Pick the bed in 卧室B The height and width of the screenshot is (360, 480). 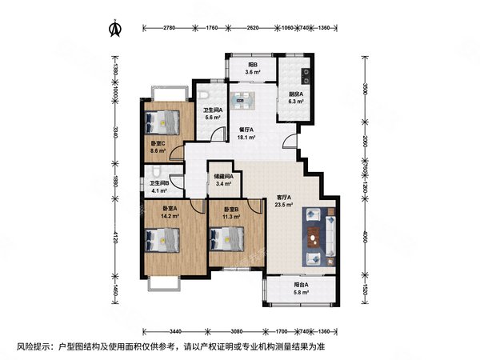(226, 238)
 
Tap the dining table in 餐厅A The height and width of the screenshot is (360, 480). (242, 102)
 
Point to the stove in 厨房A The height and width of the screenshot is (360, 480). (307, 78)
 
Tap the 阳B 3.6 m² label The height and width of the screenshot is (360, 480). (251, 68)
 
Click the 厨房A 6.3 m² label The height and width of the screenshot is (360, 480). (296, 98)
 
